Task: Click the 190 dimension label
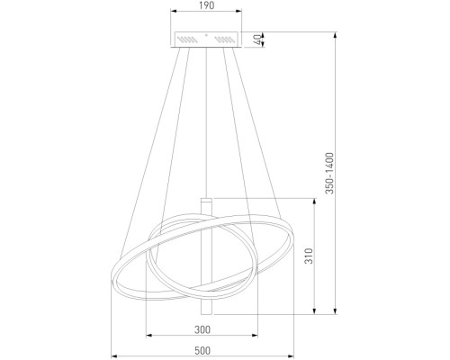click(206, 5)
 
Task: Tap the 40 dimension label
click(257, 40)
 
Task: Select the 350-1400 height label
click(329, 173)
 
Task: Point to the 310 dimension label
click(309, 256)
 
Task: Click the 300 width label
click(202, 329)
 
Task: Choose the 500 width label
click(202, 350)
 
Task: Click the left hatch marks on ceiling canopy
click(187, 40)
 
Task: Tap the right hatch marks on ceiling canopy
click(225, 40)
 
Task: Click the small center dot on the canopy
click(206, 35)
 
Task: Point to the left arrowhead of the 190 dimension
click(174, 12)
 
